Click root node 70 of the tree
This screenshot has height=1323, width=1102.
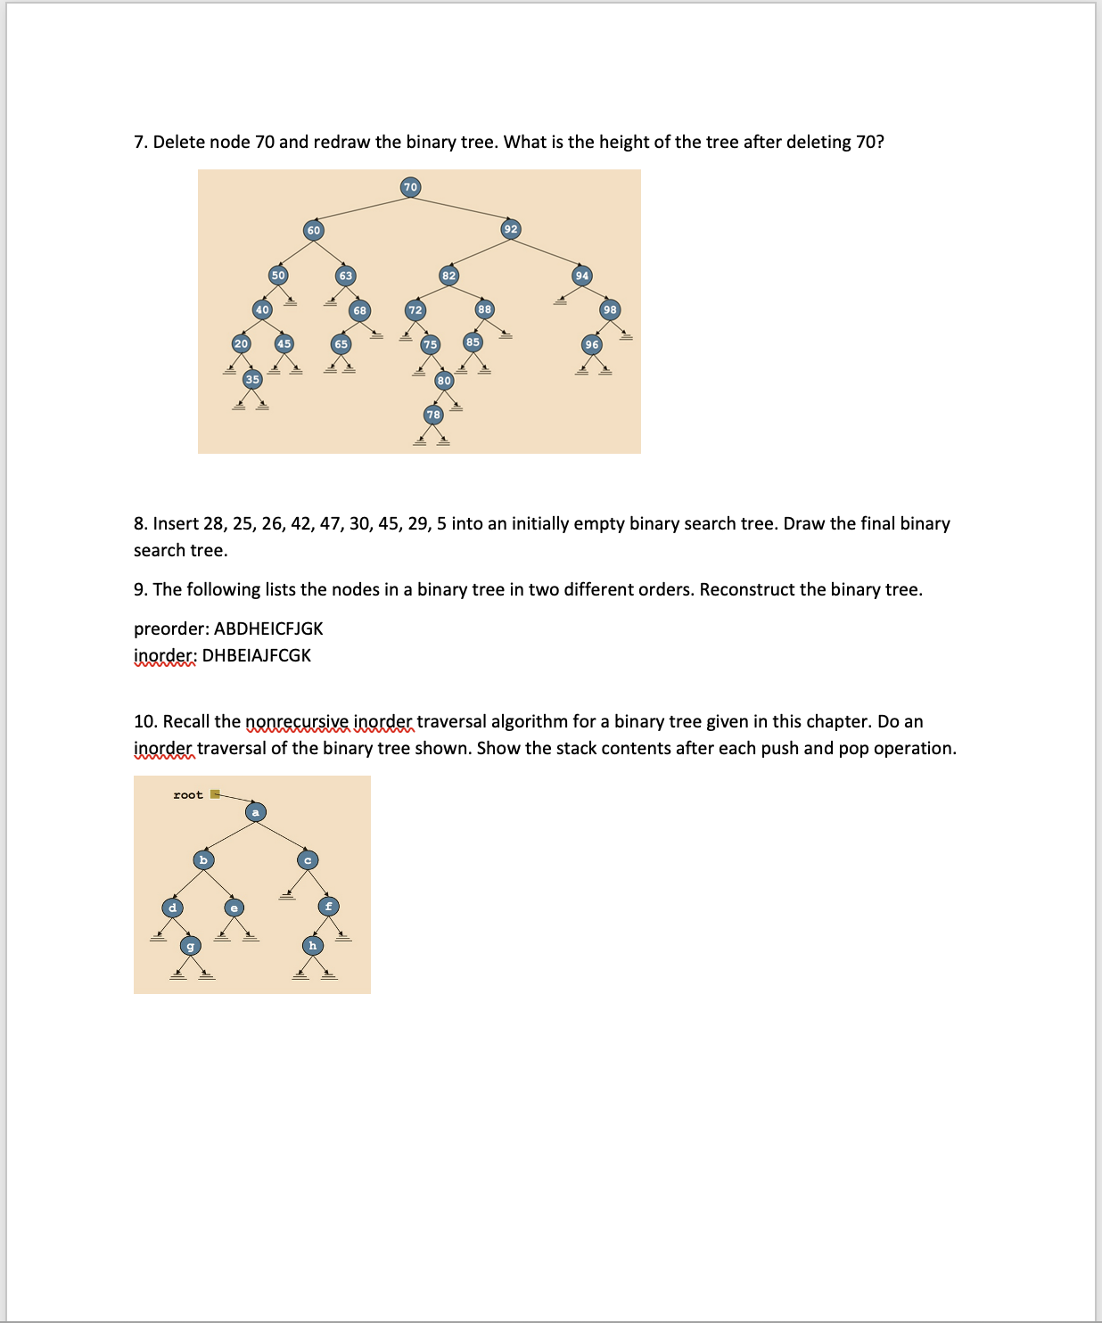[x=410, y=186]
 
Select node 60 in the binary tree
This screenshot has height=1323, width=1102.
[x=313, y=230]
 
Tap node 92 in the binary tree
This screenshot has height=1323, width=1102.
[x=510, y=229]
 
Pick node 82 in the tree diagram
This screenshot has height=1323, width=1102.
[x=448, y=275]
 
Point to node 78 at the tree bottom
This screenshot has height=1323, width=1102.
[x=433, y=415]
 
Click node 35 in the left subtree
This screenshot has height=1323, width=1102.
[x=252, y=379]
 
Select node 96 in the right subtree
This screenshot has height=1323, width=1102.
[x=592, y=344]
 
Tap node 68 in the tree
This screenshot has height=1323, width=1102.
[x=359, y=310]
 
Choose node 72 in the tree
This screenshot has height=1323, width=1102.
[x=415, y=310]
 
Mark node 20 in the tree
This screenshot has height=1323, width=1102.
[x=241, y=343]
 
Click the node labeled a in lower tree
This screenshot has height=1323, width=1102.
[x=256, y=812]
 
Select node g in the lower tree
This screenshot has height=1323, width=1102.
[x=190, y=945]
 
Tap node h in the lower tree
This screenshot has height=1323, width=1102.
[x=312, y=945]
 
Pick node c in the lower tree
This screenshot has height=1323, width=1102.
[x=308, y=859]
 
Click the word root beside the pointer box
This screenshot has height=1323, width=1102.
[x=187, y=794]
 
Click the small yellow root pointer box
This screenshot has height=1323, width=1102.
[x=215, y=794]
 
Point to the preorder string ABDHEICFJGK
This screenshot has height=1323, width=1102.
[x=268, y=629]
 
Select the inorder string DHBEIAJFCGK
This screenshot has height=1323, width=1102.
[x=257, y=655]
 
